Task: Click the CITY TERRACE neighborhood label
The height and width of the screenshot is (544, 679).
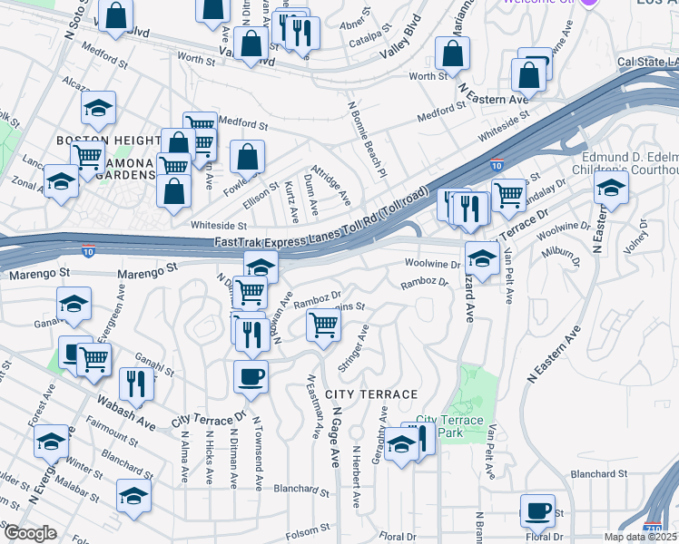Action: [371, 394]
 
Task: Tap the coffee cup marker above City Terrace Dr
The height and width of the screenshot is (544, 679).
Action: [251, 375]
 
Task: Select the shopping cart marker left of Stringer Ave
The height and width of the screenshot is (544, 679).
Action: [323, 325]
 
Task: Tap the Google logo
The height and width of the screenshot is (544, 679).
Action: [29, 533]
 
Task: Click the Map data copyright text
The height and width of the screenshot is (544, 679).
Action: [642, 537]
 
